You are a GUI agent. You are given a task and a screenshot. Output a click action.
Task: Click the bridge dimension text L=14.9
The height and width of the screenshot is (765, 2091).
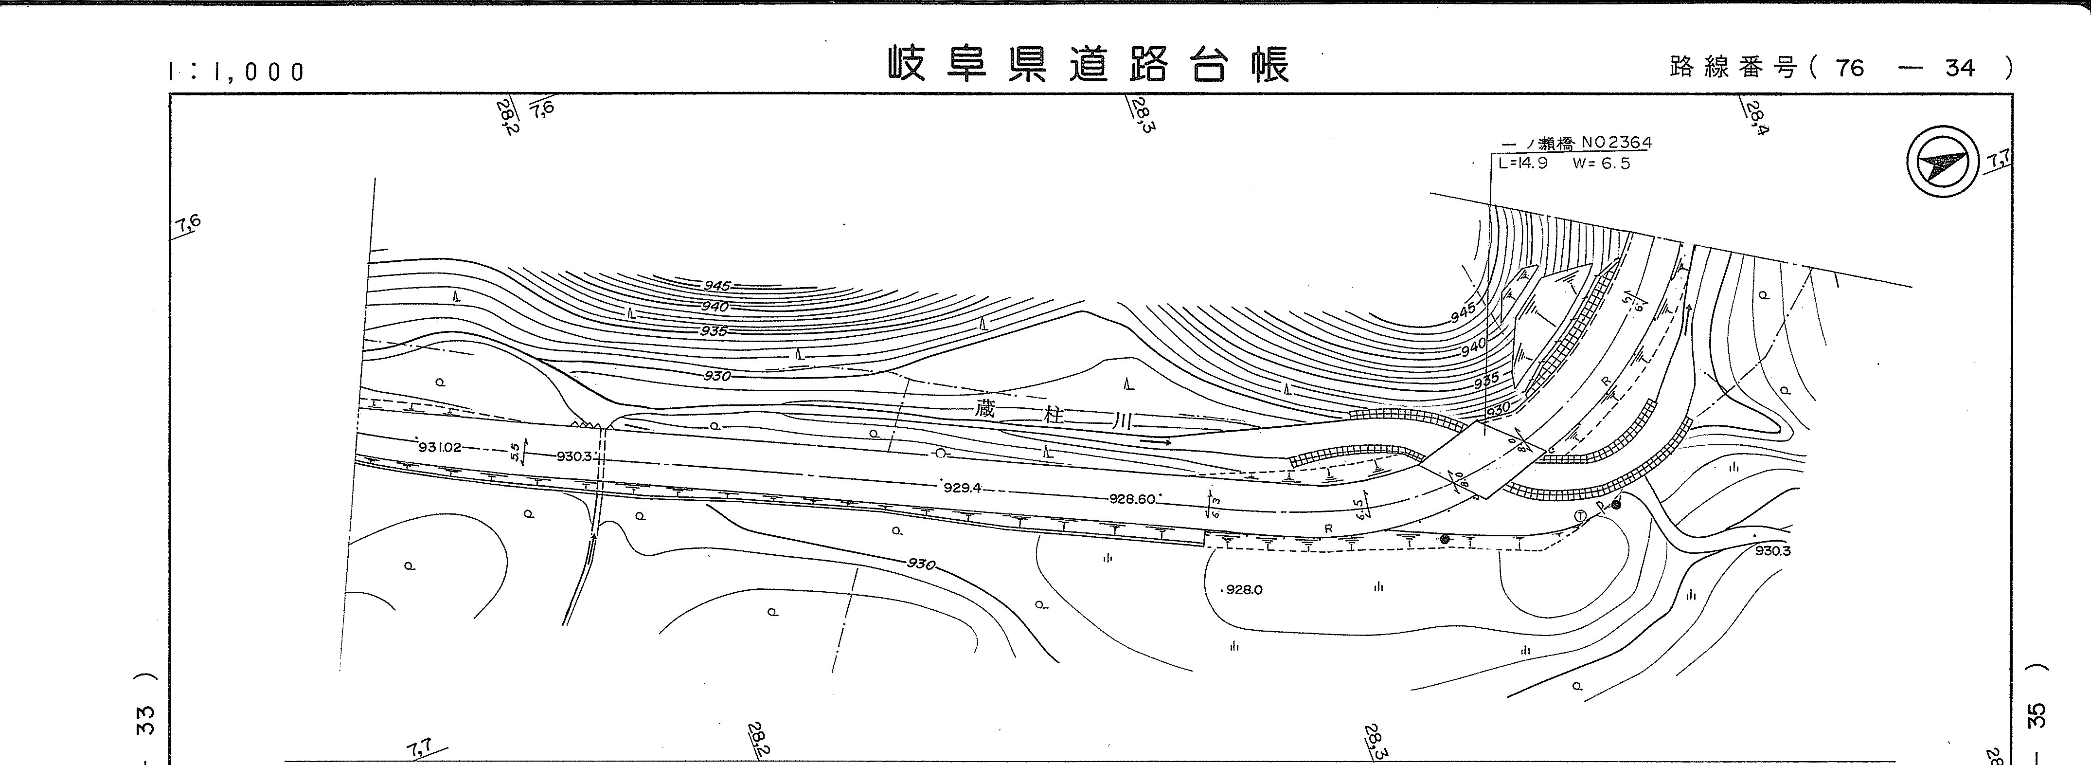pyautogui.click(x=1523, y=163)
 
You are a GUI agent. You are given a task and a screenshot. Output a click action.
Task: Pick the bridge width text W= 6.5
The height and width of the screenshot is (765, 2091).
pyautogui.click(x=1601, y=163)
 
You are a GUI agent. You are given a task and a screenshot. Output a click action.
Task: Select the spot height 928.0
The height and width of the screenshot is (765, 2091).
pyautogui.click(x=1244, y=590)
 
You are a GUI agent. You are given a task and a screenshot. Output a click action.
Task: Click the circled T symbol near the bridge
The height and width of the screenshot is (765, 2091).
pyautogui.click(x=1580, y=516)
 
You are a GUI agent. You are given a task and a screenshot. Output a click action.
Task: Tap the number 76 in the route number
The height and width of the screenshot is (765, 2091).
pyautogui.click(x=1849, y=68)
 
